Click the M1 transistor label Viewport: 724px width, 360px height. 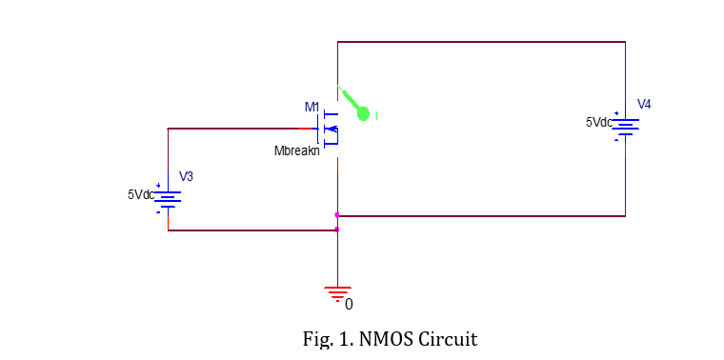pos(312,106)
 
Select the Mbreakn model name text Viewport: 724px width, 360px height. pos(296,150)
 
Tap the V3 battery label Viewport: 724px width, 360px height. pos(187,176)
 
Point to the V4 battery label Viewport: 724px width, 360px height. pos(644,104)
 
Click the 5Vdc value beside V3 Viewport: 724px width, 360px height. pos(140,193)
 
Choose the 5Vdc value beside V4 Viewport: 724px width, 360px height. pos(598,122)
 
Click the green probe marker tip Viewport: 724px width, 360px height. pos(363,114)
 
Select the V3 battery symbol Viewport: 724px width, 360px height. pos(168,197)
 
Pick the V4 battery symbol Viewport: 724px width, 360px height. pos(625,126)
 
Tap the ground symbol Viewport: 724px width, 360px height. pos(338,293)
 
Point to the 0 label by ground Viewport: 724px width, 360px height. pos(349,305)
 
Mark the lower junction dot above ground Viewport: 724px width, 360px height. pos(337,230)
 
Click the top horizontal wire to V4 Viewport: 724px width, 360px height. pos(481,42)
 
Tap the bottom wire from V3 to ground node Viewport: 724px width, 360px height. pos(252,230)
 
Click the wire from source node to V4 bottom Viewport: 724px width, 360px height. pos(481,216)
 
